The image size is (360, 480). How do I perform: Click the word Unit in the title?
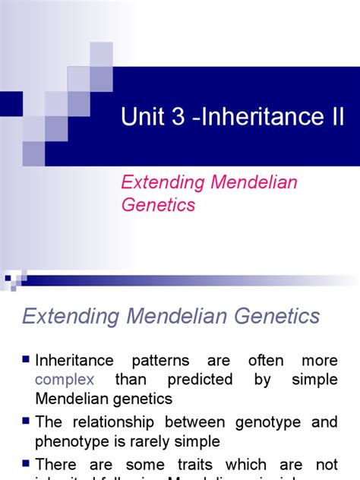[141, 117]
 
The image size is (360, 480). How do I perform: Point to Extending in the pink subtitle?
[161, 182]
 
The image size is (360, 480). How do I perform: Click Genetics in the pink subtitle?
[158, 205]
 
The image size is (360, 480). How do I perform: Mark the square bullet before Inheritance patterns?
[27, 358]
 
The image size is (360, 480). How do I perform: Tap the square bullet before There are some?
[27, 463]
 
